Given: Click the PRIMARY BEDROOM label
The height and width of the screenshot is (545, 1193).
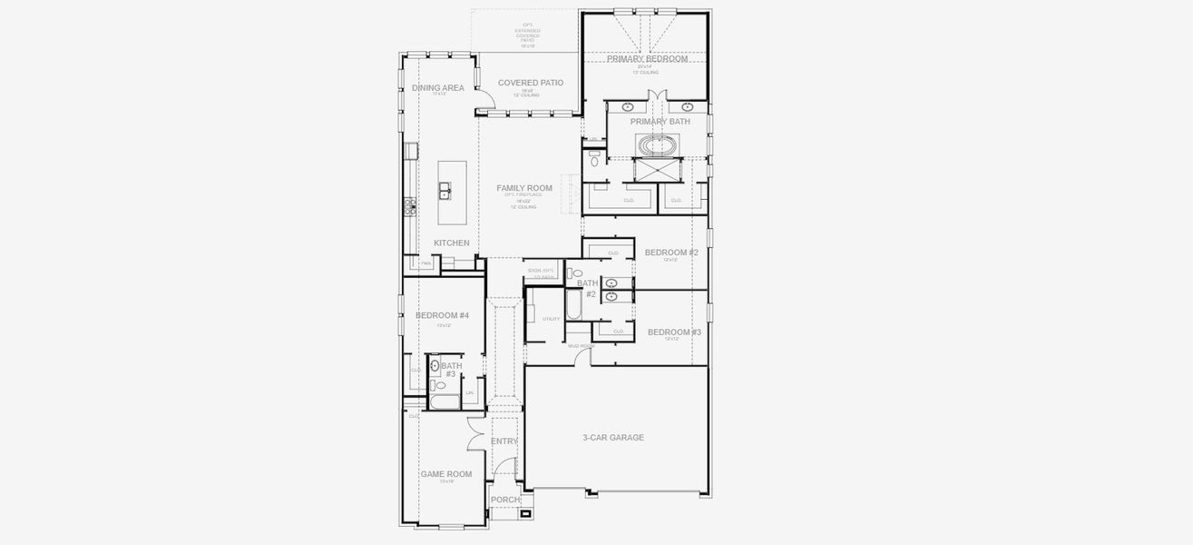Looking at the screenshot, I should (x=647, y=58).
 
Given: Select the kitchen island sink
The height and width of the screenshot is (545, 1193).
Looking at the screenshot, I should (x=445, y=191).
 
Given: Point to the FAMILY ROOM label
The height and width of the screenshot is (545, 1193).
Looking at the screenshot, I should (x=524, y=189).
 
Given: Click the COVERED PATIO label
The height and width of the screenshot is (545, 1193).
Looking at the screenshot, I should (x=531, y=83).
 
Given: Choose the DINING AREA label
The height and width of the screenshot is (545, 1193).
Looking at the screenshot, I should (x=438, y=88).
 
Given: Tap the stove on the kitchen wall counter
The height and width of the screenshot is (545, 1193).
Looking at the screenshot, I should (x=410, y=207).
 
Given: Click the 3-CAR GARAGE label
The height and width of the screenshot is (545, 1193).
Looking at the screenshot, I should (x=613, y=438).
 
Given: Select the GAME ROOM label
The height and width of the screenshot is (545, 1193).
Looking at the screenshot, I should (x=445, y=474).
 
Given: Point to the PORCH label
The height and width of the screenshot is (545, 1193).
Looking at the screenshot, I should (x=505, y=500).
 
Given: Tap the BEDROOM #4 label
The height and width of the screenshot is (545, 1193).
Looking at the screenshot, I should (x=442, y=315).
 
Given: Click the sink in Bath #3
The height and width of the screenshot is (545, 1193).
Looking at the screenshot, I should (x=435, y=366).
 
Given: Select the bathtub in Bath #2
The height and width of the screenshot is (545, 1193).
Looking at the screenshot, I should (x=574, y=304).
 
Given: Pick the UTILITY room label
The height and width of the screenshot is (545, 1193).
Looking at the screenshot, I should (x=551, y=319).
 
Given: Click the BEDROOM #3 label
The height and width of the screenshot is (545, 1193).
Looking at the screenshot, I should (x=674, y=332).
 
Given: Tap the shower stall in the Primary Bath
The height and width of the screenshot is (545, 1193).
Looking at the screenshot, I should (x=652, y=170).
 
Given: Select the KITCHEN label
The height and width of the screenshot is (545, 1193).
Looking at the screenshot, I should (x=452, y=243).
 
